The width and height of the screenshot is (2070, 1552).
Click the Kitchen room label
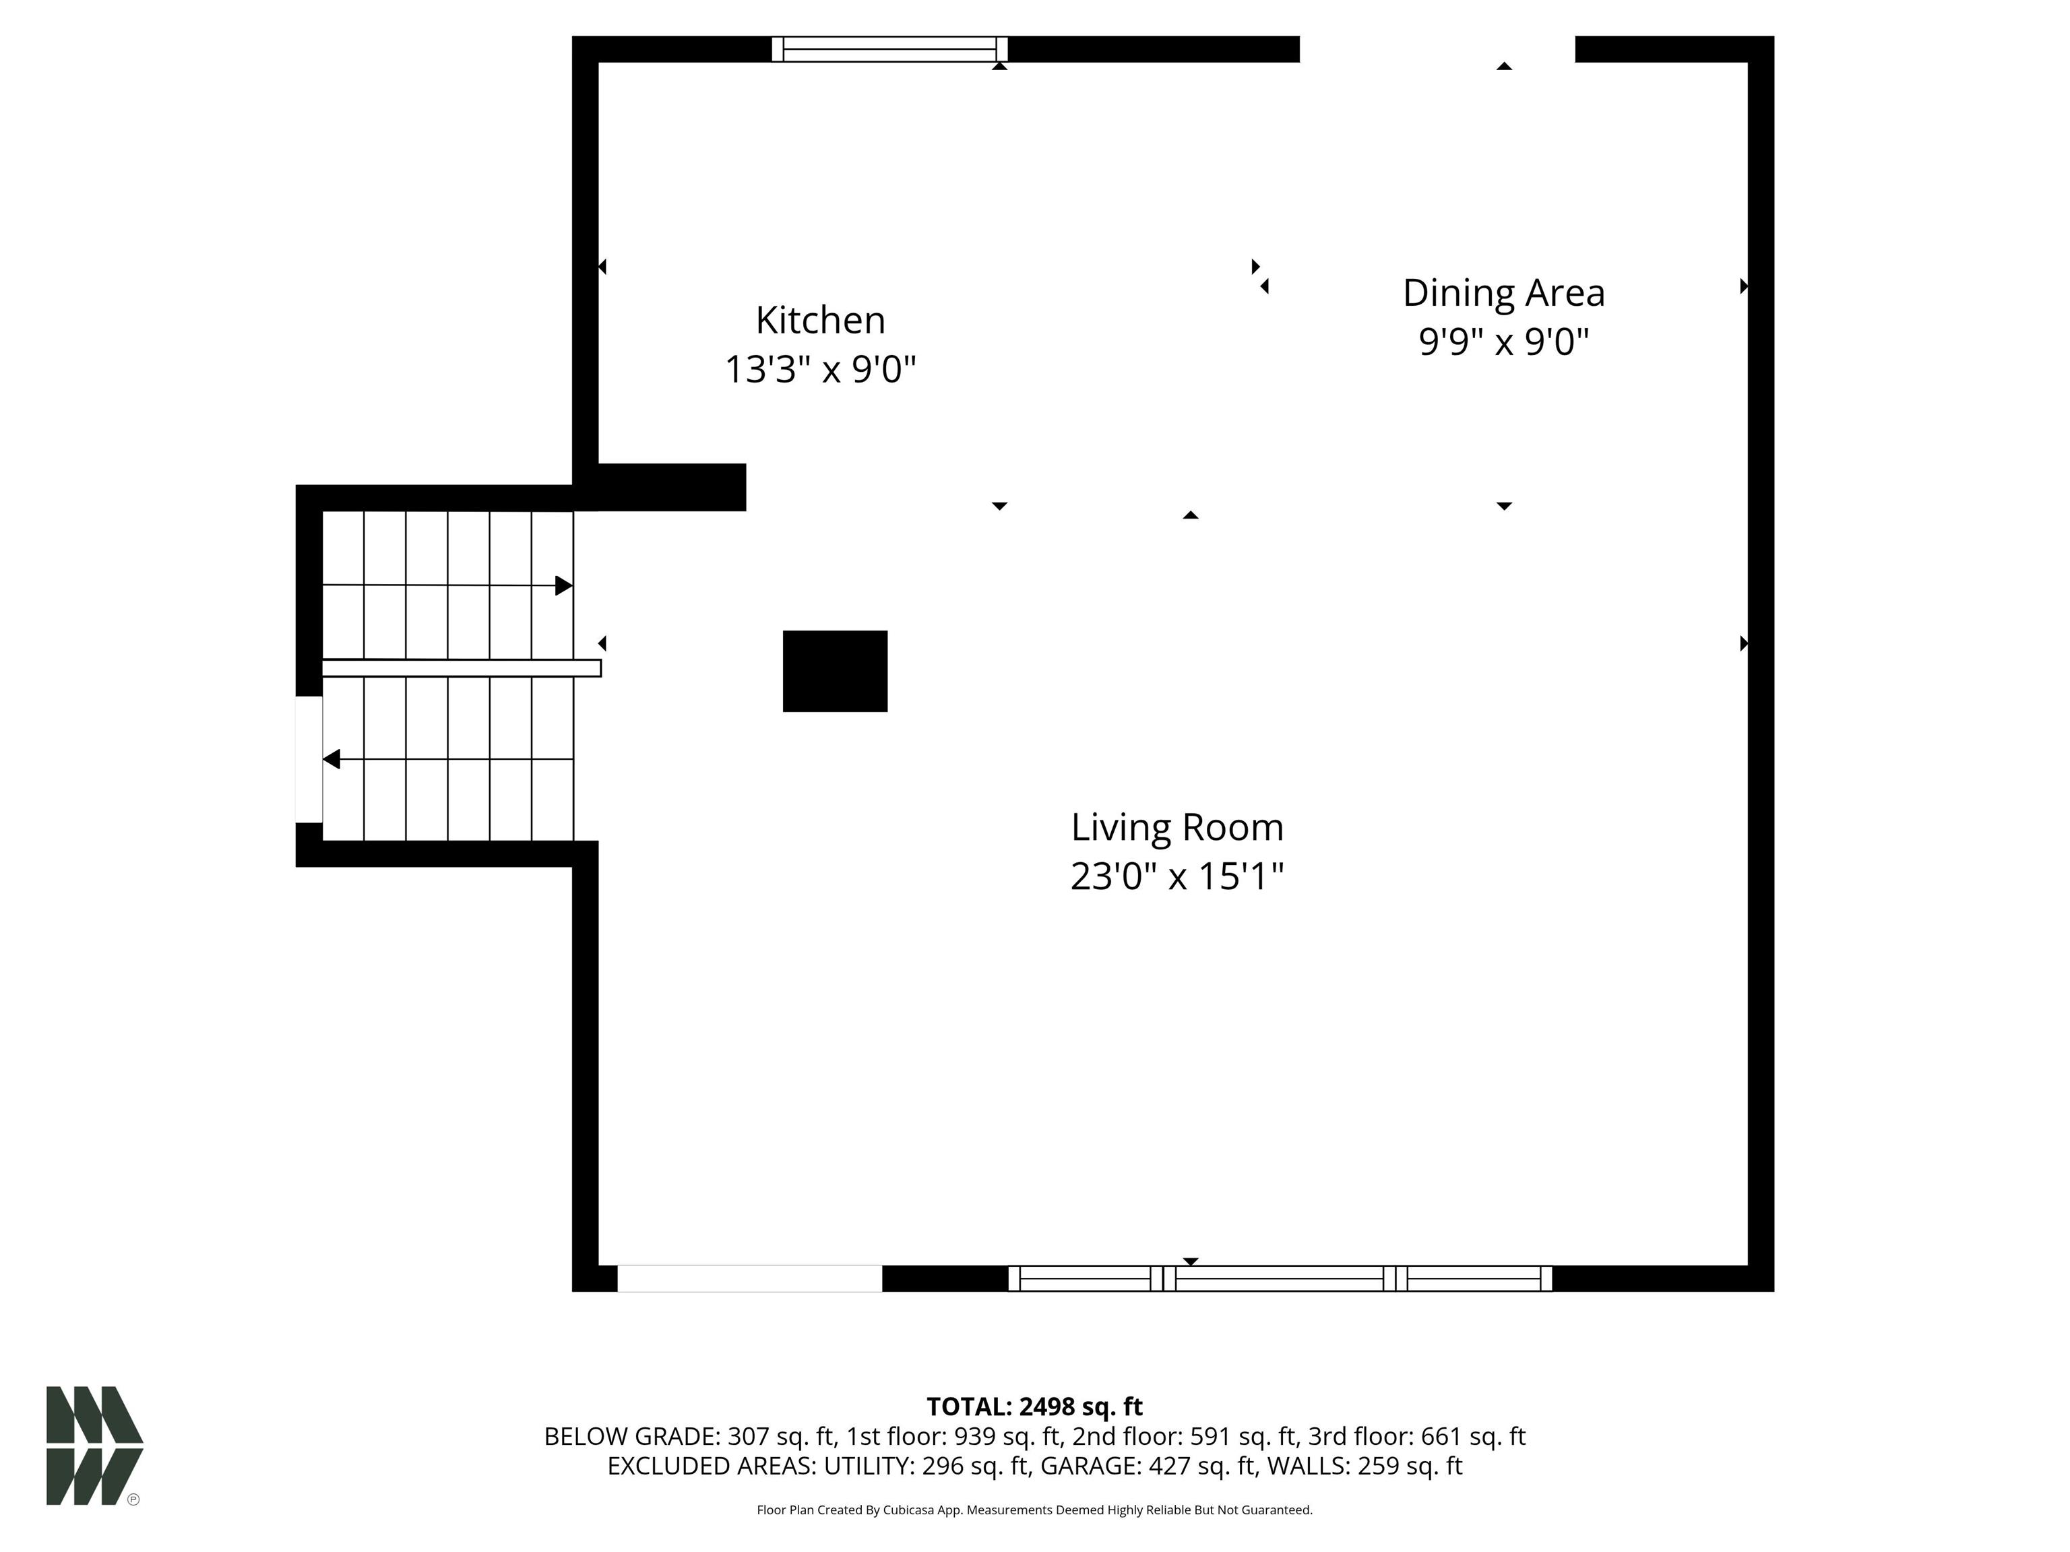(x=820, y=320)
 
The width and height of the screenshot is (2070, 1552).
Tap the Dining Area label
(x=1503, y=293)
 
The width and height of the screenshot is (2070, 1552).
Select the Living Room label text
(x=1177, y=827)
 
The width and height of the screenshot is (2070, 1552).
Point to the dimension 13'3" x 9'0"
(x=820, y=370)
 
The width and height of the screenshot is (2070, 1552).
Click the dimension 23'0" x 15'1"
(x=1177, y=876)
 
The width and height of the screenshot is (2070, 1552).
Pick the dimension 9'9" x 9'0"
(x=1503, y=342)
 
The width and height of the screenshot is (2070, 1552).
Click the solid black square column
(x=835, y=671)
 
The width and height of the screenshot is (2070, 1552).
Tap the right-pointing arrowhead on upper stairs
(x=563, y=585)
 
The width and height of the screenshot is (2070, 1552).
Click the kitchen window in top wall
(x=889, y=48)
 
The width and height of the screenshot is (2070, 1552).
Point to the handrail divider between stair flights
(x=460, y=668)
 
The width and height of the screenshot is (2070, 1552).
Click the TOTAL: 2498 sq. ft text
(x=1034, y=1406)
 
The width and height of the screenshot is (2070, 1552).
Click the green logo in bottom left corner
(x=94, y=1446)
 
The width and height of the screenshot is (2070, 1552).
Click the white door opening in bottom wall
(x=749, y=1278)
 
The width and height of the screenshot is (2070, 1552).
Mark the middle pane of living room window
(x=1278, y=1278)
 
